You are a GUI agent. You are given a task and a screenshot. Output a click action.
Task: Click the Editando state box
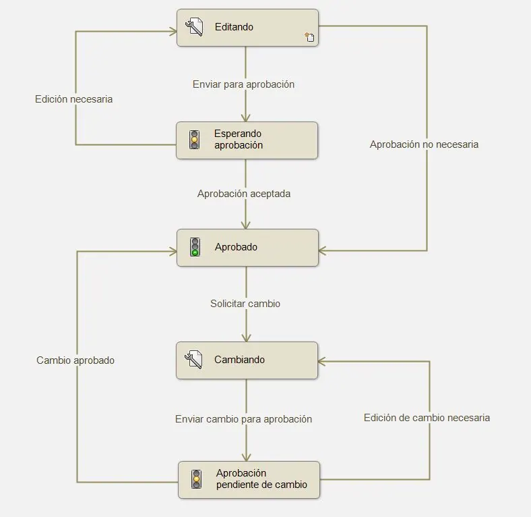pyautogui.click(x=247, y=28)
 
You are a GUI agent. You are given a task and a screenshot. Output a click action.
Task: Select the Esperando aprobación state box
pyautogui.click(x=247, y=140)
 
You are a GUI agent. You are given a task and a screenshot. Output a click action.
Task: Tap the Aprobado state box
pyautogui.click(x=247, y=248)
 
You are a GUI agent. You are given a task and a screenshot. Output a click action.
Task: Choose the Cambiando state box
pyautogui.click(x=247, y=360)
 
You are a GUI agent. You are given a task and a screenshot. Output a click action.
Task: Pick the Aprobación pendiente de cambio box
pyautogui.click(x=249, y=480)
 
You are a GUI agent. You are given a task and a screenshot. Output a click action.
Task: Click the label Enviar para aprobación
pyautogui.click(x=243, y=84)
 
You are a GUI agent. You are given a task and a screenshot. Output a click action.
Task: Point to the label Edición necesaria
pyautogui.click(x=74, y=99)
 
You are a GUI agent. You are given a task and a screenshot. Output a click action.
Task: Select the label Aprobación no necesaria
pyautogui.click(x=424, y=144)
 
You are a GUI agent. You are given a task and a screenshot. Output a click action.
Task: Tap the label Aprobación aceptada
pyautogui.click(x=244, y=194)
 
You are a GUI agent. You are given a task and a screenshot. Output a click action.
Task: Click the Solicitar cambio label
pyautogui.click(x=245, y=304)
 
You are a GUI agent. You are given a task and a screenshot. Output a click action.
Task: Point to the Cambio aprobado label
pyautogui.click(x=75, y=360)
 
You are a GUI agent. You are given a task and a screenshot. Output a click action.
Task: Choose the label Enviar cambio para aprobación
pyautogui.click(x=243, y=419)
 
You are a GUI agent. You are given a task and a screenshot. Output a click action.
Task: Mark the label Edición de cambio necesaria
pyautogui.click(x=427, y=418)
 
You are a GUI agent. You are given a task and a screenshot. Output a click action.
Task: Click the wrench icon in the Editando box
pyautogui.click(x=194, y=27)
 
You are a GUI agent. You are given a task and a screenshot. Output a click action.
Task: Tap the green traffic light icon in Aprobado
pyautogui.click(x=195, y=247)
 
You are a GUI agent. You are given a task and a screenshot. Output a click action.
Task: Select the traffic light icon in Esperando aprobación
pyautogui.click(x=194, y=140)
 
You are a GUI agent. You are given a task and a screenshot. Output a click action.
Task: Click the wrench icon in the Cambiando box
pyautogui.click(x=193, y=360)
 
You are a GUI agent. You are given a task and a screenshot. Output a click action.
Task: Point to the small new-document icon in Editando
pyautogui.click(x=309, y=37)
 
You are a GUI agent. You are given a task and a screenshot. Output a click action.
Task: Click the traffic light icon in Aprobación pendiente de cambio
pyautogui.click(x=196, y=479)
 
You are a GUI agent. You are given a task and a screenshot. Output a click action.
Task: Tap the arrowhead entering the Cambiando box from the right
pyautogui.click(x=321, y=362)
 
